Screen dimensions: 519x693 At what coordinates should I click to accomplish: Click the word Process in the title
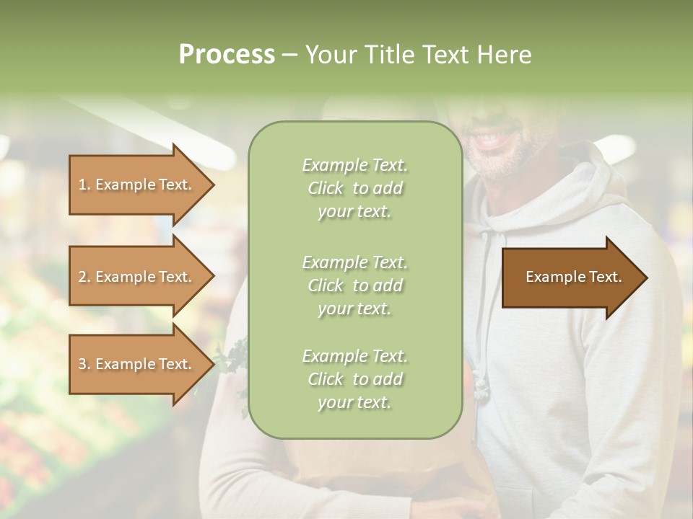[227, 55]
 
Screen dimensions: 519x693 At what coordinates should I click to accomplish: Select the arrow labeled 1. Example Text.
[137, 185]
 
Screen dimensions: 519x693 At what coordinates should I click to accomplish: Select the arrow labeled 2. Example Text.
[137, 277]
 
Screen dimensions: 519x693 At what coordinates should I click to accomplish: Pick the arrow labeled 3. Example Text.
[137, 364]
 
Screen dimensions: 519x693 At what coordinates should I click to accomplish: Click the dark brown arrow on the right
[570, 277]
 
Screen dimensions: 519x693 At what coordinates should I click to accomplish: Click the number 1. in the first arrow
[84, 185]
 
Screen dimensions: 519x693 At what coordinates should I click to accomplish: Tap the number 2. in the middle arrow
[84, 277]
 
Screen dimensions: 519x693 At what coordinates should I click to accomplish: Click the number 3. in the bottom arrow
[84, 364]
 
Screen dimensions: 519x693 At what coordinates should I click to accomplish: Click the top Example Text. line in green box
[354, 165]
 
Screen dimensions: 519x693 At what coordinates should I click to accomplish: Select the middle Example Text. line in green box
[354, 262]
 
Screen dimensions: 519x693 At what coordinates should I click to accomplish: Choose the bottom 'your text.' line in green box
[354, 402]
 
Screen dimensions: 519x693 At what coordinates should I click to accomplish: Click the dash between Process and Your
[289, 55]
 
